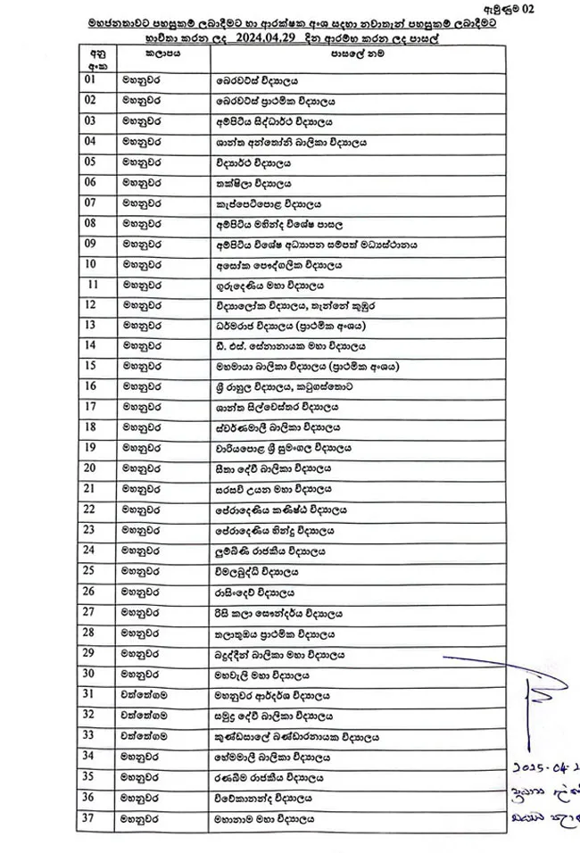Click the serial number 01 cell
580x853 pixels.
tap(89, 79)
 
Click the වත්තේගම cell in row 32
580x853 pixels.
tap(145, 715)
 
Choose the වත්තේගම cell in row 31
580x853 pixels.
tap(145, 694)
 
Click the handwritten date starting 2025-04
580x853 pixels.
tap(545, 766)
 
